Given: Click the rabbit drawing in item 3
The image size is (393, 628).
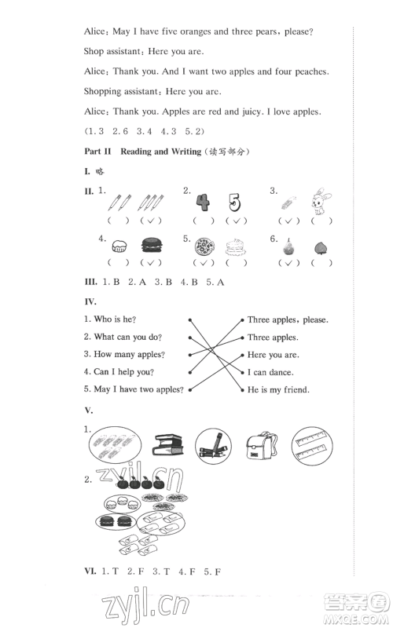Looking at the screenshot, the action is [x=321, y=202].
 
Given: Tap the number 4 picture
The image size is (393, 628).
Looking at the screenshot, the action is [x=203, y=203].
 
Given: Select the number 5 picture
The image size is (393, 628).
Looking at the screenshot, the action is [x=234, y=203].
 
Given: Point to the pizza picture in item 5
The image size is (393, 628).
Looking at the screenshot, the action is [x=204, y=246].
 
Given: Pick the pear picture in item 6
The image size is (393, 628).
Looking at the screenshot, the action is [x=288, y=246].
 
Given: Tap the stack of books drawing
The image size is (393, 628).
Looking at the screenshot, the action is [x=168, y=445].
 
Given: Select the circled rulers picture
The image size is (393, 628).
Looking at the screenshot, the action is [x=313, y=445].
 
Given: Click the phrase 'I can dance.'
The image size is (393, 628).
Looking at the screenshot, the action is [x=270, y=372].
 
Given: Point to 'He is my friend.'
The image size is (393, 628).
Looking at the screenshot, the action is [x=278, y=389].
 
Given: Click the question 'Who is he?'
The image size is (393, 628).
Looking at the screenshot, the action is [x=110, y=319].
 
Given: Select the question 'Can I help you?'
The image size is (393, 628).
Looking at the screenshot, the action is [x=119, y=372].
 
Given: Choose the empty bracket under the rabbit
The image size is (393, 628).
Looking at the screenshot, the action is [x=321, y=221].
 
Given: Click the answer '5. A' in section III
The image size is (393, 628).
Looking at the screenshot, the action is [x=215, y=283].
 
